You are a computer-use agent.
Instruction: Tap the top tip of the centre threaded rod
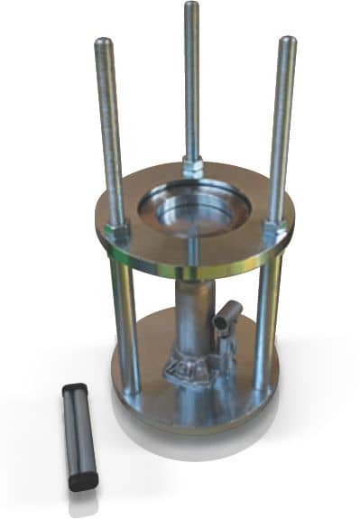pos(191,5)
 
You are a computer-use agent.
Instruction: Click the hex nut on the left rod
pos(117,231)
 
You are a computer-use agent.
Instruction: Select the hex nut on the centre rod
pos(192,167)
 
